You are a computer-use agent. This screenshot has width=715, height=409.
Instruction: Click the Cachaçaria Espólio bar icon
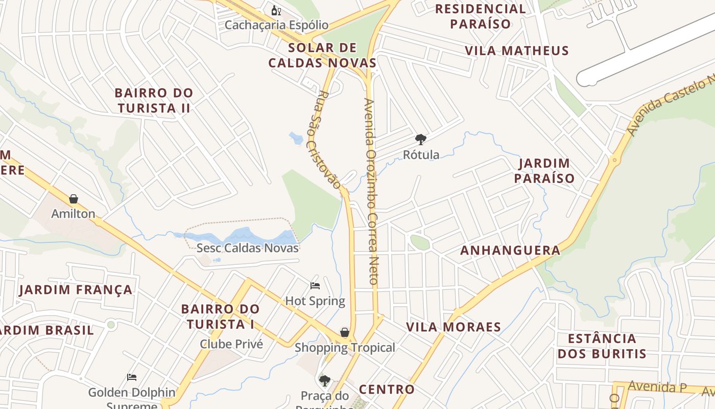[276, 10]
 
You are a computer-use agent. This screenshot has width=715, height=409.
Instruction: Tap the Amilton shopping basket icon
[74, 198]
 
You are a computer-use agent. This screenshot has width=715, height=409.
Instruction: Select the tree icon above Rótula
[421, 139]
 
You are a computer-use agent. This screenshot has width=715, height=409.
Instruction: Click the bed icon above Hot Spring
[315, 285]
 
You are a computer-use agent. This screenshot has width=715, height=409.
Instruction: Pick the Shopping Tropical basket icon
[345, 332]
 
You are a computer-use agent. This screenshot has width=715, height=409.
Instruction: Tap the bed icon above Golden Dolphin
[132, 377]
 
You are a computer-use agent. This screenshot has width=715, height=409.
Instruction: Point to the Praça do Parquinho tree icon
[324, 380]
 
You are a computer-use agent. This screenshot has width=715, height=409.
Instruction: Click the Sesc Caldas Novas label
[248, 248]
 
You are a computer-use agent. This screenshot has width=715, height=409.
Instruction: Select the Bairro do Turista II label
[154, 100]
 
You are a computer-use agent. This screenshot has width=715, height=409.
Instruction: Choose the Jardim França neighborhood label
[76, 290]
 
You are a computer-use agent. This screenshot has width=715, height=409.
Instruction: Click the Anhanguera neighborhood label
[510, 251]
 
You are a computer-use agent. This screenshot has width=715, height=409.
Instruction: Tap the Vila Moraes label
[454, 327]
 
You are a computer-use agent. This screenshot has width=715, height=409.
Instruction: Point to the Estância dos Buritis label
[602, 346]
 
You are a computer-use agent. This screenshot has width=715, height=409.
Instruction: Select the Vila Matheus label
[517, 51]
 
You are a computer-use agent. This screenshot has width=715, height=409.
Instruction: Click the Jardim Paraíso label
[544, 171]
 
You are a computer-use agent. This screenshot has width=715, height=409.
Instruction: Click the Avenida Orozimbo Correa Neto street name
[371, 191]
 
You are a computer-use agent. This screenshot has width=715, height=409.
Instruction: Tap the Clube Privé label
[231, 344]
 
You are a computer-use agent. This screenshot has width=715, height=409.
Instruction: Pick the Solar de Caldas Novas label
[322, 56]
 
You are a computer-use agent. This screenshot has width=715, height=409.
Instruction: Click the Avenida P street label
[657, 387]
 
